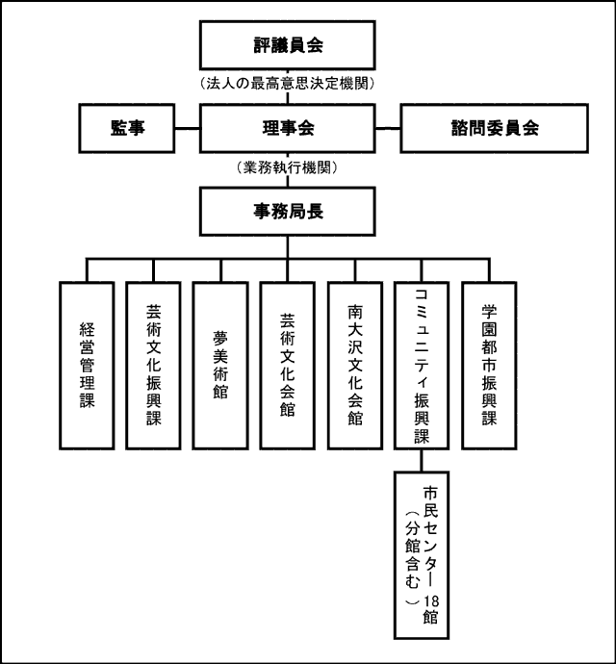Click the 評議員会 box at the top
point(286,44)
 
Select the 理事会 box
point(287,127)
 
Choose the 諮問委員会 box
point(494,127)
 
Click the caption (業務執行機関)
point(287,167)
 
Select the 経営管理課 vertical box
point(87,366)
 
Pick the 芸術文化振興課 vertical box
point(154,366)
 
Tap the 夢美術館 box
point(220,366)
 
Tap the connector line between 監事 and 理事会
point(187,127)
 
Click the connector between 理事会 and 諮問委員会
point(387,127)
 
